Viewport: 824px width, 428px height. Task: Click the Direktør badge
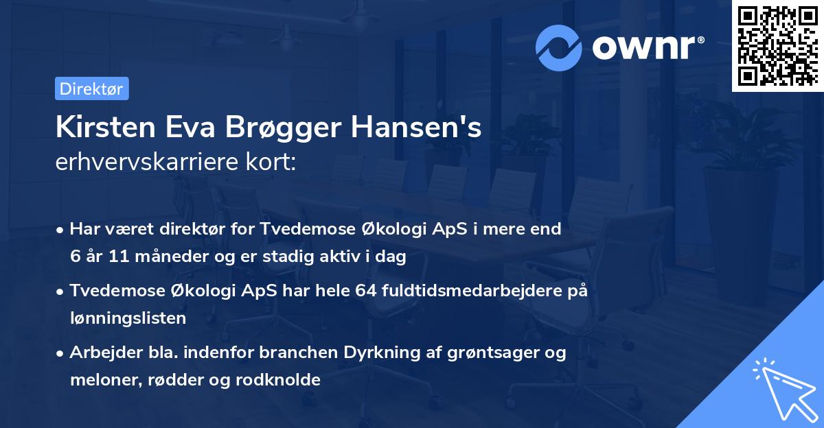(x=91, y=88)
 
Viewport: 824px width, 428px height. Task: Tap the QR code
(x=777, y=45)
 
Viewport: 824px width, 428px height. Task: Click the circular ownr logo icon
(x=559, y=47)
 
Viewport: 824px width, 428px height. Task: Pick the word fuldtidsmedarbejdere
(x=470, y=291)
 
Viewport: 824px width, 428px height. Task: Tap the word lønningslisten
(x=128, y=318)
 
